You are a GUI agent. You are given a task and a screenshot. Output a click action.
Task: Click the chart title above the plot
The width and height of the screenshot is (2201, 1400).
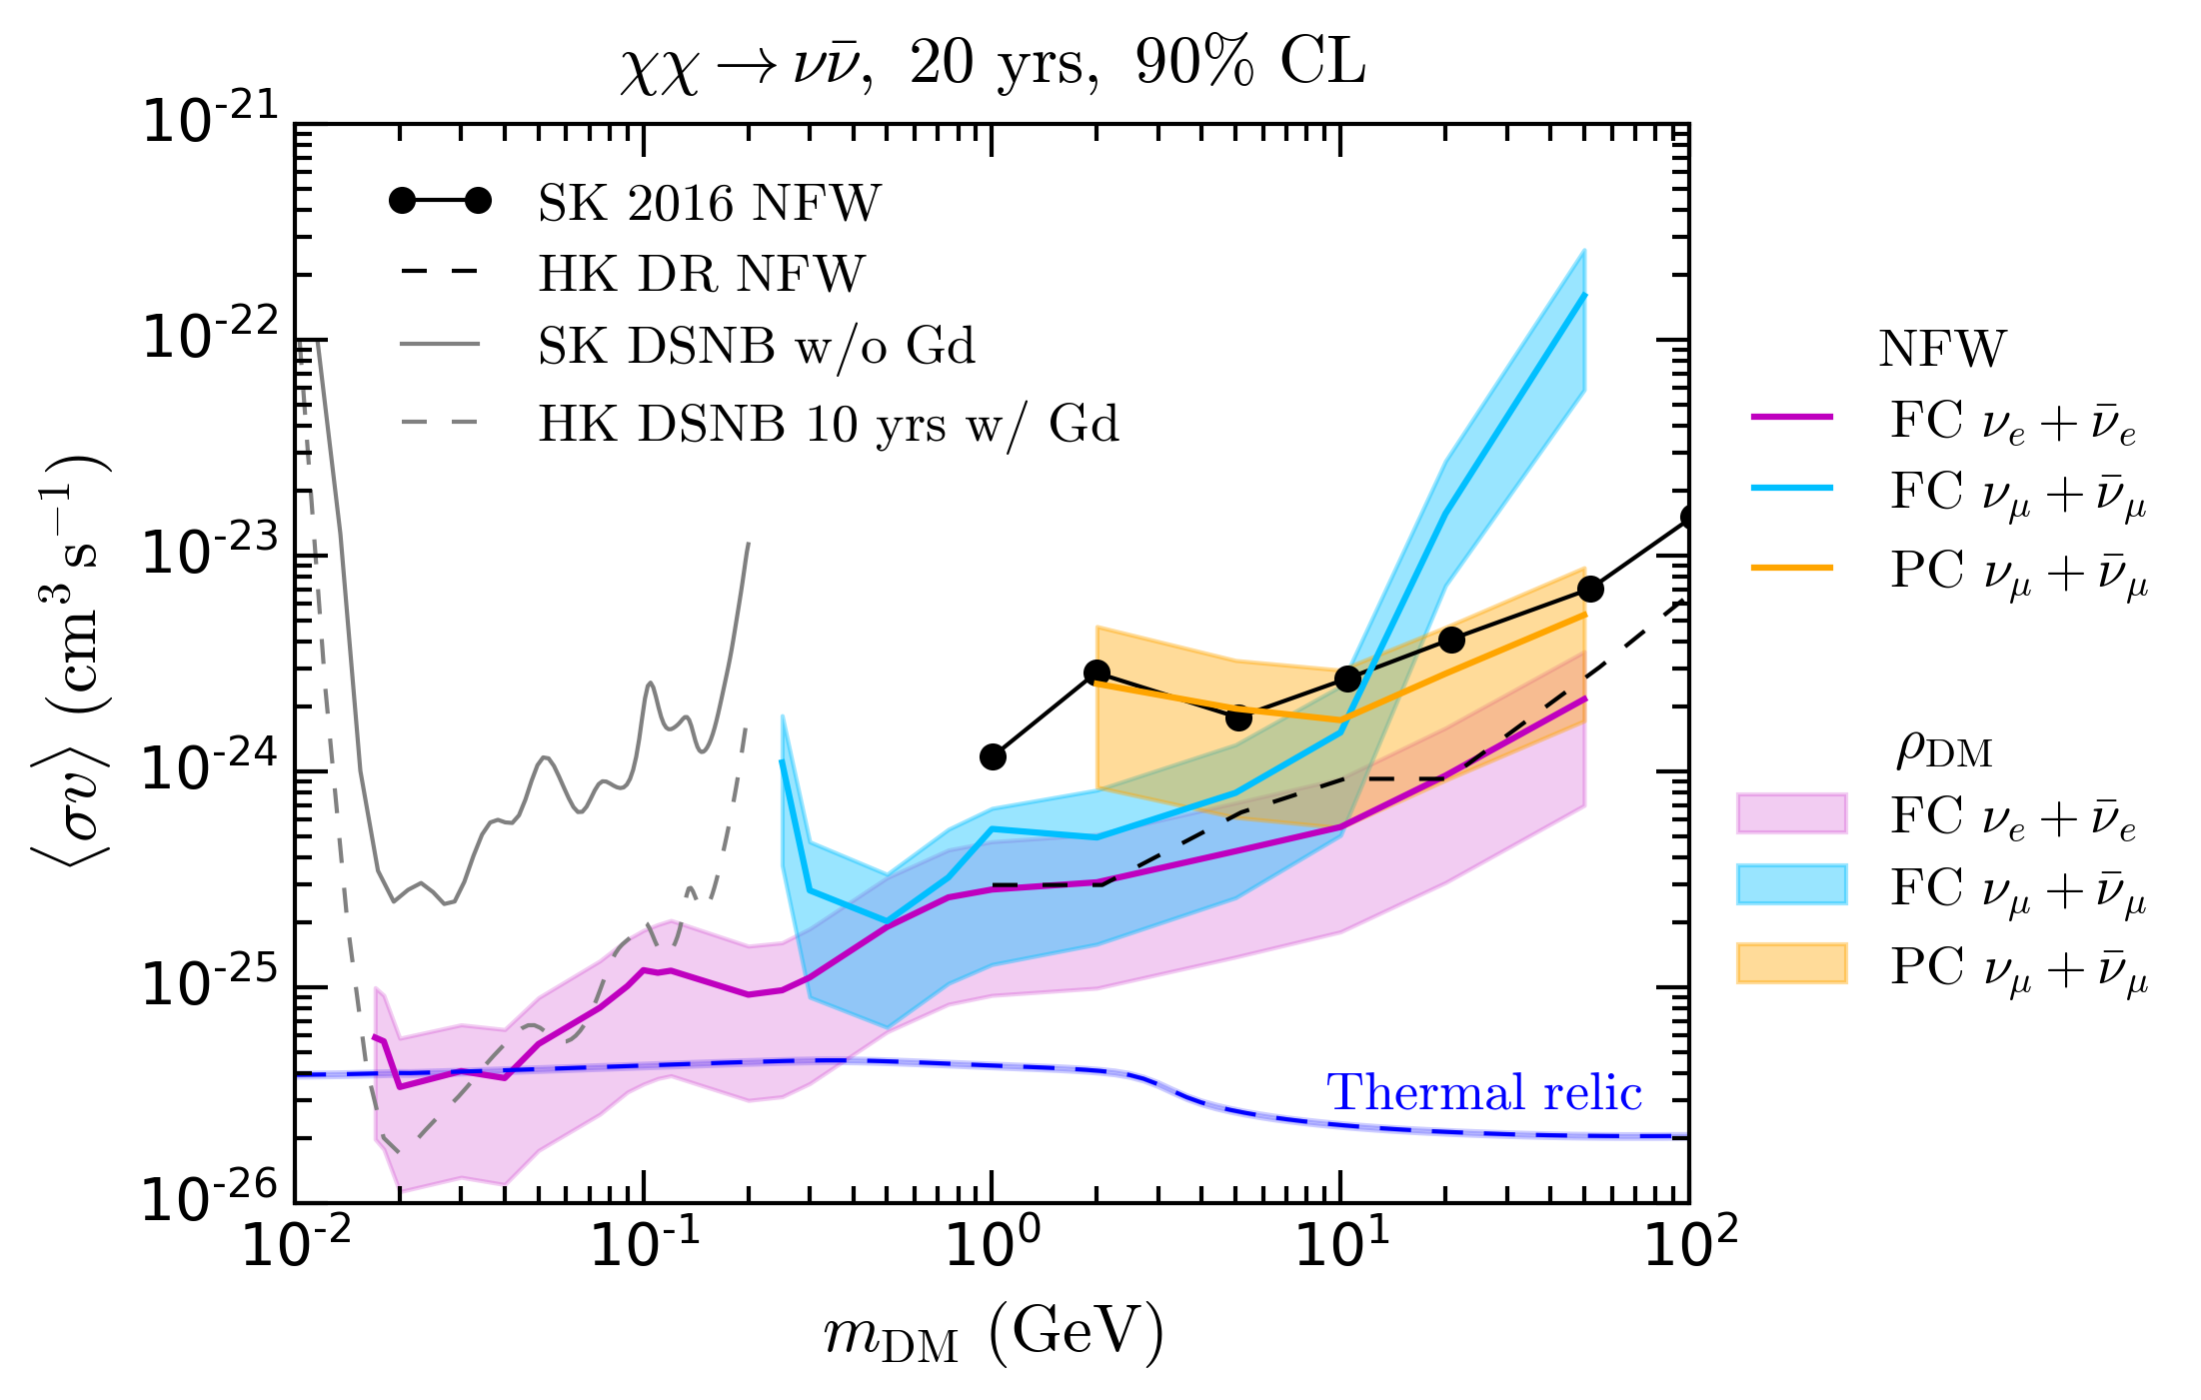[992, 63]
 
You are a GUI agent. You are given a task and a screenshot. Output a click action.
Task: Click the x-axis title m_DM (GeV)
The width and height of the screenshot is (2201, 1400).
[994, 1335]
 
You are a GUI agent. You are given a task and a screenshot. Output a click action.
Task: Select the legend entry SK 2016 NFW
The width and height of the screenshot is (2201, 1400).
[709, 203]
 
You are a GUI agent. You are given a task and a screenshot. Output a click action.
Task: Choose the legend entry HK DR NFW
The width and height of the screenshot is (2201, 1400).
[701, 274]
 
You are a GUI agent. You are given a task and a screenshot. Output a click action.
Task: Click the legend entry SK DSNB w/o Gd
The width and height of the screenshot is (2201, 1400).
[756, 346]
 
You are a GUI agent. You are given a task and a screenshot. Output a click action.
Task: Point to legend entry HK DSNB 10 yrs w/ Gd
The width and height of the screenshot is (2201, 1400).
[828, 424]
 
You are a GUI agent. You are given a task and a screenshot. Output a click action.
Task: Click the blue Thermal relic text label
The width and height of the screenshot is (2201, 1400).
[1483, 1092]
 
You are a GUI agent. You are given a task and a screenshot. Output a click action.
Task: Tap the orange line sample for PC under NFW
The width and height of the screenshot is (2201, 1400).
[1792, 568]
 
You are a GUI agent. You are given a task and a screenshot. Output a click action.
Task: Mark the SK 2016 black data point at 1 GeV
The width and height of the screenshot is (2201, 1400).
[993, 756]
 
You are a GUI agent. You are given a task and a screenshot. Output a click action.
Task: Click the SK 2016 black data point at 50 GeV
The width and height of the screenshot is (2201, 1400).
[1590, 589]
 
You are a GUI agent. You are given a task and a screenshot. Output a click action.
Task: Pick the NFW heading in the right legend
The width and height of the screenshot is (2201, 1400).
[1941, 349]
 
